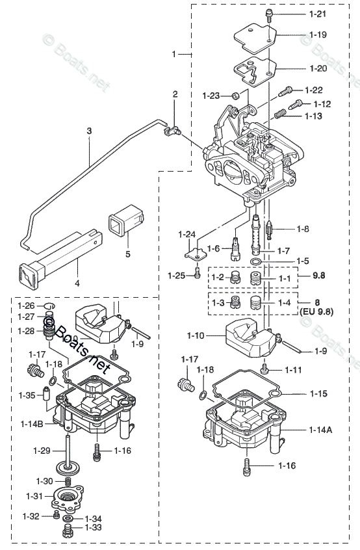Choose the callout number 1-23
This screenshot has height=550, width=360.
coord(211,96)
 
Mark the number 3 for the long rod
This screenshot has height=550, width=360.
coord(90,131)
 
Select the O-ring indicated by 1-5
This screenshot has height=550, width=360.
coord(257,261)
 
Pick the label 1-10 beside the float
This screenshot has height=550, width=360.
coord(196,335)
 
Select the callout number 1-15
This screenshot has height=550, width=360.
coord(318,393)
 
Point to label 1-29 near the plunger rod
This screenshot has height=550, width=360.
coord(42,450)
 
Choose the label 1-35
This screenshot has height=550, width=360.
coord(27,395)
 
